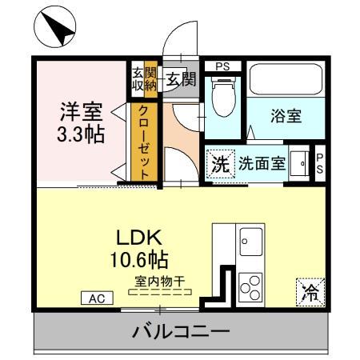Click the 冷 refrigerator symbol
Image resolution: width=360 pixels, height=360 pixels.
tap(309, 292)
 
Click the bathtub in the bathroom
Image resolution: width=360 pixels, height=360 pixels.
tap(285, 79)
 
